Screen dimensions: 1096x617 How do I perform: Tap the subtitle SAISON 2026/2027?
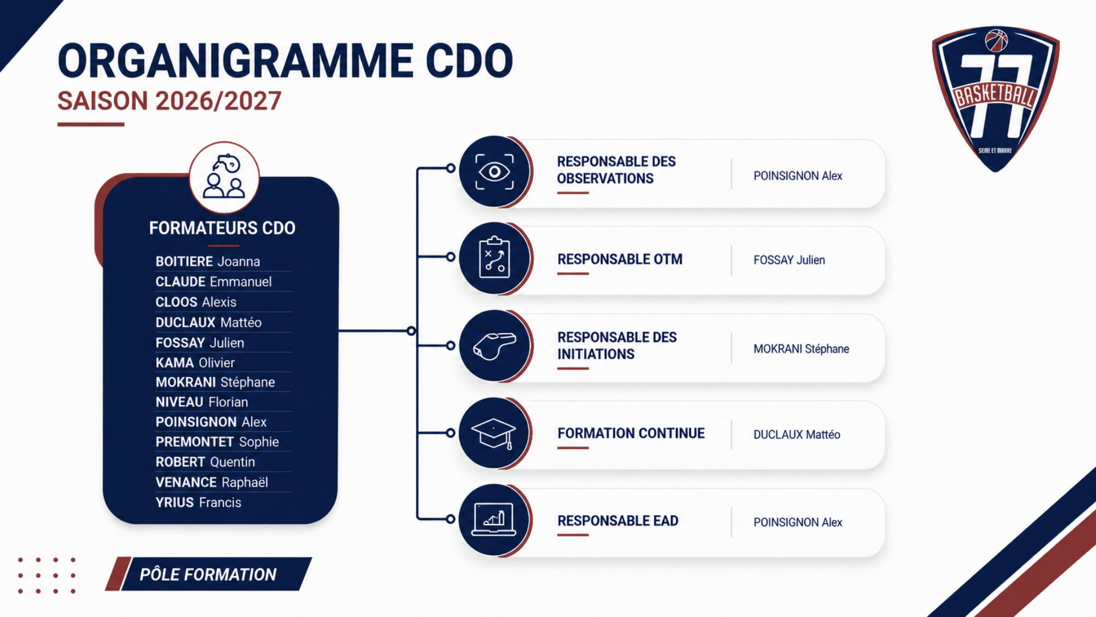pyautogui.click(x=170, y=101)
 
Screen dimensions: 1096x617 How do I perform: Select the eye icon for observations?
pyautogui.click(x=494, y=171)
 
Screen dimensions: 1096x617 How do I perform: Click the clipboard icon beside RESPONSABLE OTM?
pyautogui.click(x=494, y=258)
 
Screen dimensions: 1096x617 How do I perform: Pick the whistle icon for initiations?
pyautogui.click(x=494, y=346)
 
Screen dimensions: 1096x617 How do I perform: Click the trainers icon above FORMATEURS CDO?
pyautogui.click(x=224, y=177)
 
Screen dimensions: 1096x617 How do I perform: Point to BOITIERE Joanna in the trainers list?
pyautogui.click(x=208, y=262)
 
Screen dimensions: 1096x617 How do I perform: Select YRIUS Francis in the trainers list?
pyautogui.click(x=199, y=503)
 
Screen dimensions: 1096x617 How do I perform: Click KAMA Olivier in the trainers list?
pyautogui.click(x=195, y=363)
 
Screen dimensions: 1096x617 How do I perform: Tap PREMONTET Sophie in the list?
pyautogui.click(x=217, y=442)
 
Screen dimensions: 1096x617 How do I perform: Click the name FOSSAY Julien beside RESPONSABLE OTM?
pyautogui.click(x=789, y=260)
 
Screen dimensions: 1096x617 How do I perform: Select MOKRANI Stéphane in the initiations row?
pyautogui.click(x=801, y=348)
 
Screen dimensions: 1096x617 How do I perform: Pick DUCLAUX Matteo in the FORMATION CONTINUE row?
pyautogui.click(x=796, y=435)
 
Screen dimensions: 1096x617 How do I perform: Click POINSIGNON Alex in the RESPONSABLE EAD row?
pyautogui.click(x=797, y=522)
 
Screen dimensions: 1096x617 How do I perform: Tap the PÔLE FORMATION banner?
pyautogui.click(x=208, y=574)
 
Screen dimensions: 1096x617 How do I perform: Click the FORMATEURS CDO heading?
pyautogui.click(x=222, y=228)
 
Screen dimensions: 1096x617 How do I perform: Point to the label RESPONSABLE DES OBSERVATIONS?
pyautogui.click(x=616, y=170)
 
